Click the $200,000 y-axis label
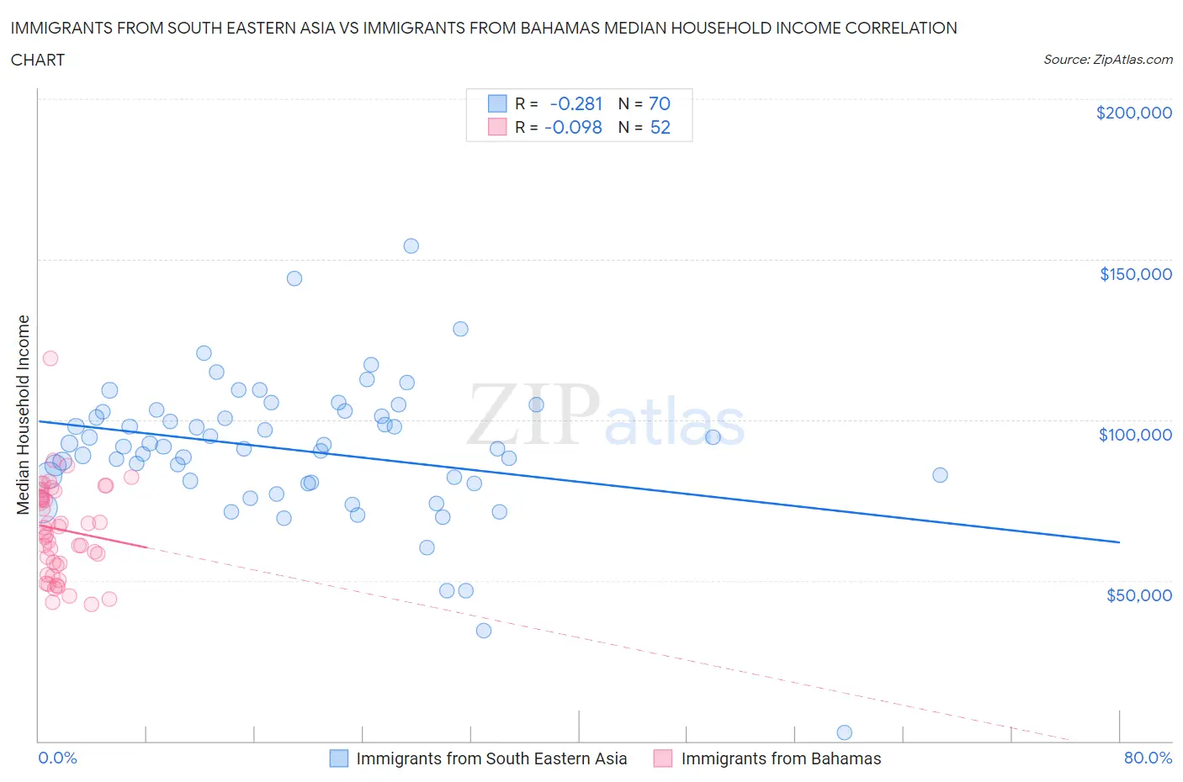[x=1133, y=113]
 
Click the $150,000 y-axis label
[x=1135, y=274]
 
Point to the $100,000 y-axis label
[x=1135, y=435]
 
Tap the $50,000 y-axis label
[x=1138, y=595]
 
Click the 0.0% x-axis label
[x=57, y=758]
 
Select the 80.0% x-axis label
[x=1148, y=758]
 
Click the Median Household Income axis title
[x=24, y=415]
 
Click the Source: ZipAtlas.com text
[x=1107, y=60]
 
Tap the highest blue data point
[x=411, y=246]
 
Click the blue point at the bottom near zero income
[x=844, y=732]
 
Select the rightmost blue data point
[x=940, y=475]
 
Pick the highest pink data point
[x=50, y=358]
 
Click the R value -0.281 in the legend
[x=576, y=103]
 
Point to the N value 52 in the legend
[x=660, y=127]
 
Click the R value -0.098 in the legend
[x=574, y=127]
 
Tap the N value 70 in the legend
[x=660, y=103]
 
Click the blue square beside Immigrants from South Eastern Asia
[x=338, y=758]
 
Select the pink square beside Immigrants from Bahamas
[x=663, y=758]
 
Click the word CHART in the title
[x=38, y=60]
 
